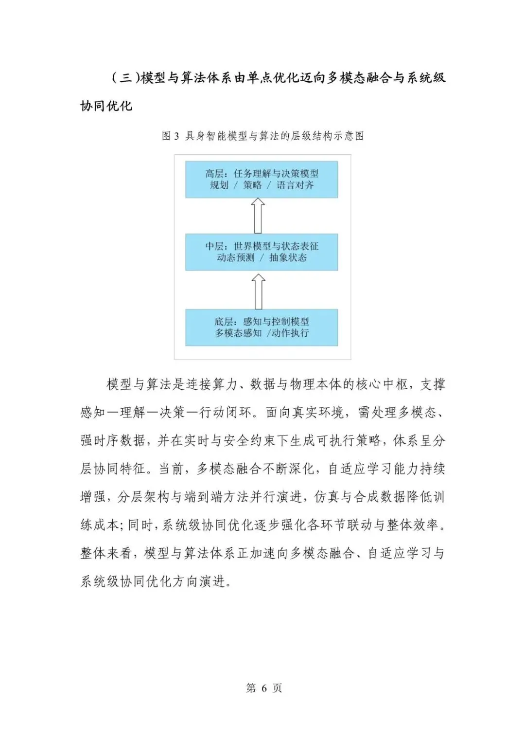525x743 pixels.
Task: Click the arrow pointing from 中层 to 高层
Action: pos(258,216)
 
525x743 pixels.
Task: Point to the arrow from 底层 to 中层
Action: pos(258,291)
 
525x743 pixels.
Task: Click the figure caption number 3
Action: pos(176,136)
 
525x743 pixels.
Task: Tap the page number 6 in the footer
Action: pos(264,688)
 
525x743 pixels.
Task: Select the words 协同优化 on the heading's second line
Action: pos(106,106)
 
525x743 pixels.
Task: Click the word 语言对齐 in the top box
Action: pos(295,185)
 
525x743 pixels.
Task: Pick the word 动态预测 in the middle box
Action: pos(236,258)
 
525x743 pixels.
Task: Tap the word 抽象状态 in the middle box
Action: pos(288,258)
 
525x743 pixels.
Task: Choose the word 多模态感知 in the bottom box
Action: pos(239,333)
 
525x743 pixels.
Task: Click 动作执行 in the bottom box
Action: pos(290,333)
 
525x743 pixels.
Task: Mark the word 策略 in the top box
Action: pos(252,185)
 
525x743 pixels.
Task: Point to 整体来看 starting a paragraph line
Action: pos(105,553)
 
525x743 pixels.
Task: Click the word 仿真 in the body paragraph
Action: pos(326,497)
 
